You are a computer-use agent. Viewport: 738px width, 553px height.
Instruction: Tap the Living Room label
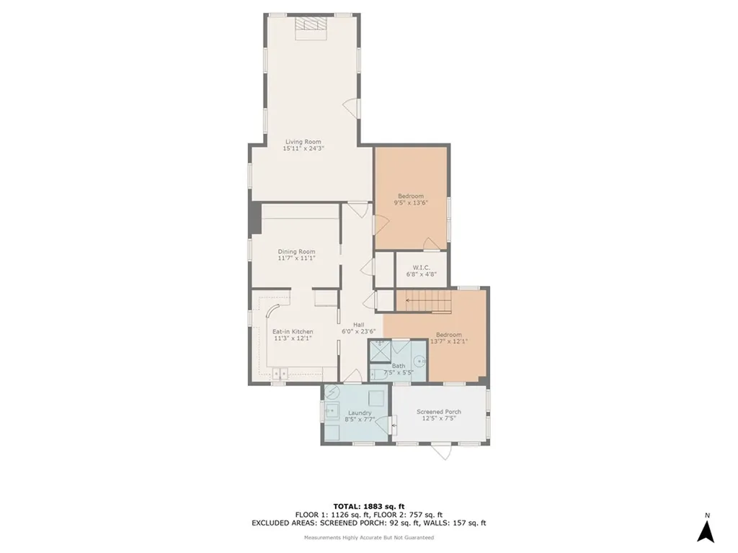303,142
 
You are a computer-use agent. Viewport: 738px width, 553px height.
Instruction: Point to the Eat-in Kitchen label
293,331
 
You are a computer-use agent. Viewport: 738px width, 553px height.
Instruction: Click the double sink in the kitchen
280,372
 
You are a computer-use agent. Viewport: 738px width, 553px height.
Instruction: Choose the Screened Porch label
439,412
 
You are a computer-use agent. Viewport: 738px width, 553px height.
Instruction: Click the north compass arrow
706,530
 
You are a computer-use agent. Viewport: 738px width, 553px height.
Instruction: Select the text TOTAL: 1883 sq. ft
368,505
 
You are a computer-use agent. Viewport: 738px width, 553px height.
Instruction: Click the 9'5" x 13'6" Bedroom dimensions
411,203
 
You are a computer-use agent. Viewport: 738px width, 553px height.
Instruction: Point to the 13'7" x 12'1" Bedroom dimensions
449,341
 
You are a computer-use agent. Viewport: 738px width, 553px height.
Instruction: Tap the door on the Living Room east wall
351,109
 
